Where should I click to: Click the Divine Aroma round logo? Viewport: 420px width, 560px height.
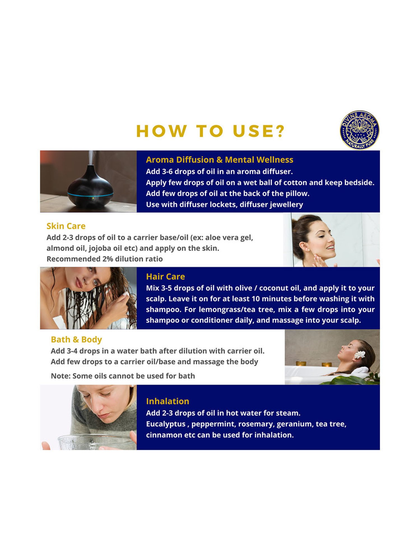(x=360, y=130)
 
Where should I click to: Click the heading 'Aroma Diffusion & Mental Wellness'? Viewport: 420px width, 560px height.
(x=220, y=160)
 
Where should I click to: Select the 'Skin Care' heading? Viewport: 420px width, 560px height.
(x=66, y=226)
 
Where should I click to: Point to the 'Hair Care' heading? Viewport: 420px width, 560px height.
(x=165, y=277)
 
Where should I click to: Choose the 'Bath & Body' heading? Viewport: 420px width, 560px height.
(x=76, y=340)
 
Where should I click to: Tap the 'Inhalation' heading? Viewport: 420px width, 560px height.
(x=167, y=401)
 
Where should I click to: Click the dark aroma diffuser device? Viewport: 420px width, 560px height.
(x=90, y=186)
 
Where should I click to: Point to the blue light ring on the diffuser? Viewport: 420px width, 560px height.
(x=90, y=194)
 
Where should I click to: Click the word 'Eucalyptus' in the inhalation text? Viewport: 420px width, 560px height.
(x=166, y=424)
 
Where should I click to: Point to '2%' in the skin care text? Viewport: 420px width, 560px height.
(x=108, y=259)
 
